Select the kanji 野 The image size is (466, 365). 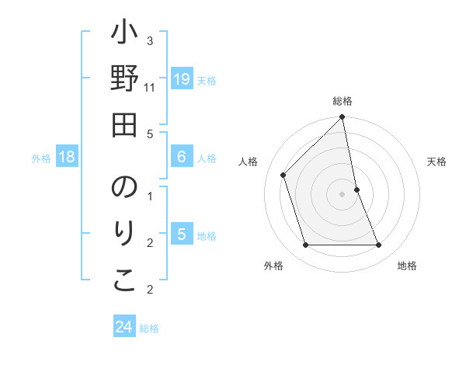pos(124,80)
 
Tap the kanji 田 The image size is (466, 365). pos(124,124)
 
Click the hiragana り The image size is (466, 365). pos(124,235)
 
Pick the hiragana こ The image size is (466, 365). pos(124,280)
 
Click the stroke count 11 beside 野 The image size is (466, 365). pos(150,87)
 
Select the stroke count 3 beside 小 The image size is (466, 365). pos(150,40)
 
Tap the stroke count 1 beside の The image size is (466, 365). pos(150,195)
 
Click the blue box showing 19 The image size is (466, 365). pos(182,79)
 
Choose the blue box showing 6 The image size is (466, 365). pos(182,157)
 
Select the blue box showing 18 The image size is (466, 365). pos(67,157)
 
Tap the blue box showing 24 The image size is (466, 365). pos(124,327)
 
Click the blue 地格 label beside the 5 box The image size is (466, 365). pos(207,235)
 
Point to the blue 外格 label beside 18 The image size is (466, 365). pos(41,158)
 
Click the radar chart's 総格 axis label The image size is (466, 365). pos(343,101)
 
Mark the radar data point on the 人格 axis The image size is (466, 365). pos(283,175)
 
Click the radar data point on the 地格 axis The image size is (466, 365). pos(379,245)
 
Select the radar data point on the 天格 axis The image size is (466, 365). pos(356,189)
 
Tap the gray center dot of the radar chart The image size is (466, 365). pos(343,193)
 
